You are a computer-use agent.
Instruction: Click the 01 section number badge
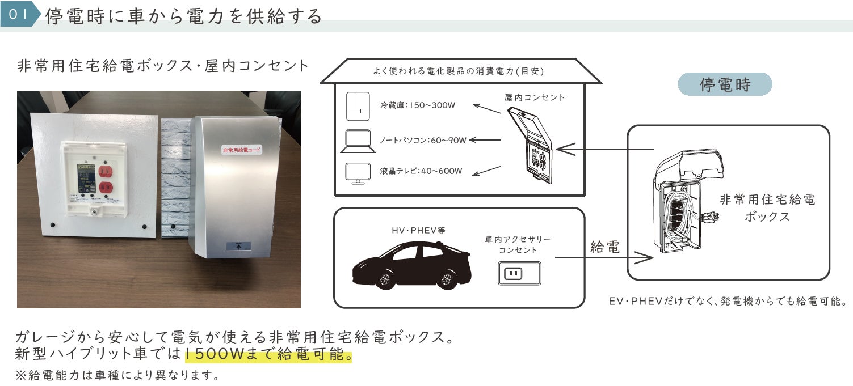coord(18,15)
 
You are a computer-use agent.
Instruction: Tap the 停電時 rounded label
coord(725,84)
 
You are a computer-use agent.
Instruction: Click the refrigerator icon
coord(358,106)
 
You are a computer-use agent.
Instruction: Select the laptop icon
coord(358,141)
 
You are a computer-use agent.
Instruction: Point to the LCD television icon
coord(358,173)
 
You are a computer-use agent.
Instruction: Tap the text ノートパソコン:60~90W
coord(423,139)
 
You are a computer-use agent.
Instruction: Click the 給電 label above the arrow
coord(605,247)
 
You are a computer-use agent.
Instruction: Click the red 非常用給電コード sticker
coord(242,150)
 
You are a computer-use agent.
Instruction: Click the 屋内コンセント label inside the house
coord(535,97)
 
